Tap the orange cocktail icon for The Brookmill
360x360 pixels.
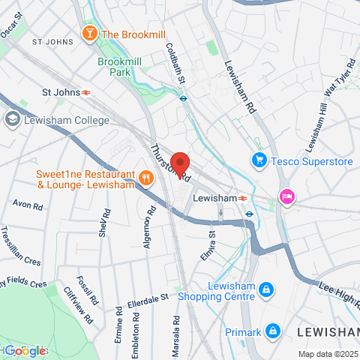coord(90,34)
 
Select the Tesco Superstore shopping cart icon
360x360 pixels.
coord(259,159)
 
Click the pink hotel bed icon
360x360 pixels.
coord(287,196)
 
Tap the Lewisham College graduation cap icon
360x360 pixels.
coord(12,118)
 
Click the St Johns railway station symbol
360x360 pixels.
coord(87,93)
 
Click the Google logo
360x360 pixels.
coord(25,351)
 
